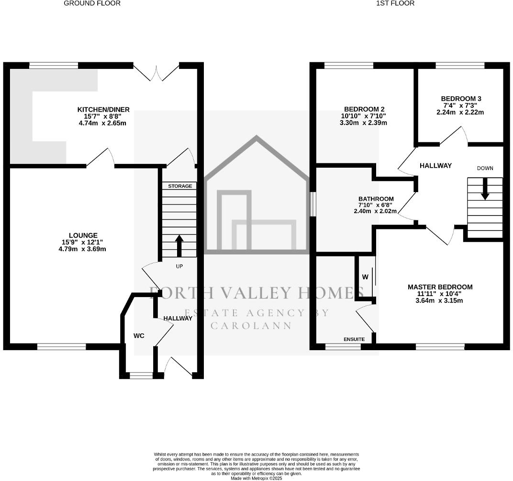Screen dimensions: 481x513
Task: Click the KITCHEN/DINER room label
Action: coord(103,110)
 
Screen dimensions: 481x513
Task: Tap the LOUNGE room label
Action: coord(83,235)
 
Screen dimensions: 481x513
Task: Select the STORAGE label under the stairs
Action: coord(180,186)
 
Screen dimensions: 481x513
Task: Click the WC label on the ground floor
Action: coord(139,336)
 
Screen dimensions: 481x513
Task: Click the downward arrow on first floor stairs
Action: coord(485,189)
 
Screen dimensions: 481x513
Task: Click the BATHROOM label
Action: coord(376,199)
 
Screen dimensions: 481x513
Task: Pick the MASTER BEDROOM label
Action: coord(440,287)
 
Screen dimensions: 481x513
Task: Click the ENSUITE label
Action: coord(354,339)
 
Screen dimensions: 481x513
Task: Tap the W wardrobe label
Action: coord(365,277)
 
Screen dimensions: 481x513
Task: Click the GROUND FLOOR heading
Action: coord(92,3)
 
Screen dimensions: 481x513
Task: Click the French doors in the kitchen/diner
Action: coord(156,72)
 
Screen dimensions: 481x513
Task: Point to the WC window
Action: coord(141,376)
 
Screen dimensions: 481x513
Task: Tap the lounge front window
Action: coord(62,346)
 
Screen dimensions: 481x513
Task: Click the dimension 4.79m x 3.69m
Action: coord(82,249)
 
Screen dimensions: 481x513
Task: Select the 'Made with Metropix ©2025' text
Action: coord(256,478)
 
